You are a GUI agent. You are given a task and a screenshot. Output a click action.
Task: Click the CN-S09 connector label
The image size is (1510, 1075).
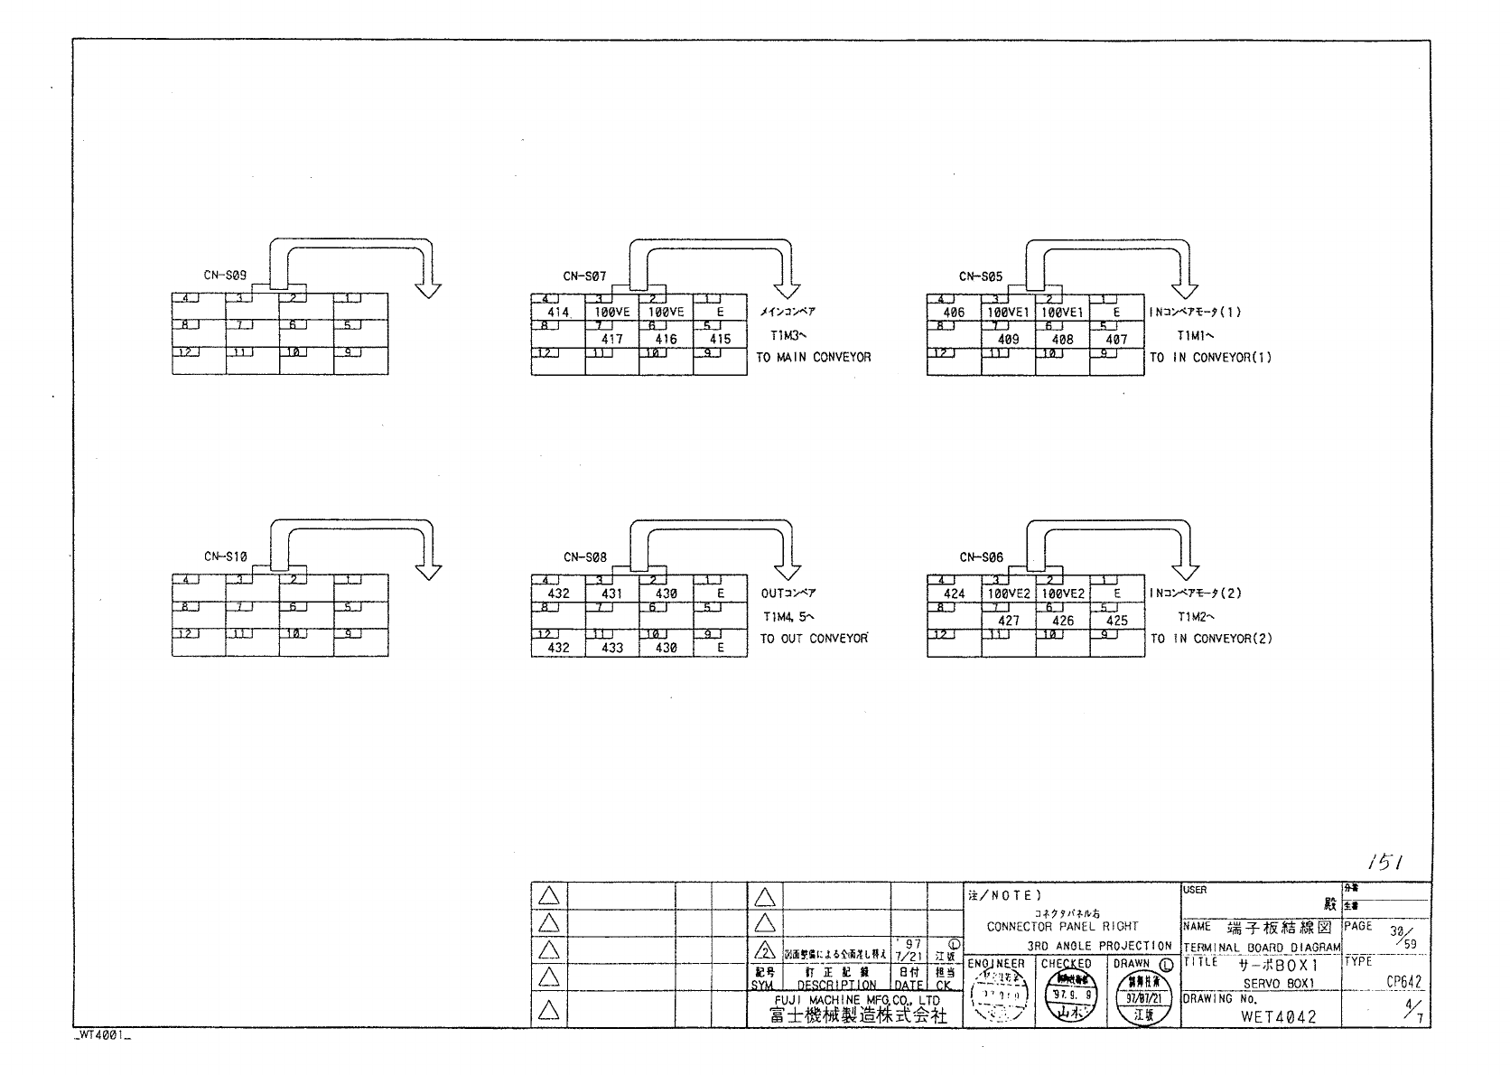tap(225, 276)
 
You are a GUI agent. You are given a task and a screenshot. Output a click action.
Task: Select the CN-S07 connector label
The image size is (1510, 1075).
tap(584, 276)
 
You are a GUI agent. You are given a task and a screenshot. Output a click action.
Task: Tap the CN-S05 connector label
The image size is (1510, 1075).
tap(981, 276)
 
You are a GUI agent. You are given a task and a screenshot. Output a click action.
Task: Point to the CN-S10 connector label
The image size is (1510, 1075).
tap(225, 556)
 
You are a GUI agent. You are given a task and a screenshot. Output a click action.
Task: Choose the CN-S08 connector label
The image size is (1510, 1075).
tap(584, 557)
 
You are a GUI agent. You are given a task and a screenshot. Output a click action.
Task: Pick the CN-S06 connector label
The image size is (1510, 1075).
tap(981, 557)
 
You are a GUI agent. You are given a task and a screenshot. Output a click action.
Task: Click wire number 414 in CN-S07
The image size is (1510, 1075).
tap(558, 312)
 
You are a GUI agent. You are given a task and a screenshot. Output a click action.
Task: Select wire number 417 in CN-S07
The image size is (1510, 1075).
tap(611, 340)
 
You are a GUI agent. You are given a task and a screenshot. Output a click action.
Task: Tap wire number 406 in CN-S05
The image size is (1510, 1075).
tap(954, 312)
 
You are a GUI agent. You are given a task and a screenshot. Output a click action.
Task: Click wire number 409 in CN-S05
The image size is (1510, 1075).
tap(1008, 340)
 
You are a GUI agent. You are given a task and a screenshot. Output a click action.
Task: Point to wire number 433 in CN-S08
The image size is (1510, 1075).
tap(611, 648)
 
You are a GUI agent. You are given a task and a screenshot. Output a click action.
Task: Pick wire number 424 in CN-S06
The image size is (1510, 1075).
tap(954, 594)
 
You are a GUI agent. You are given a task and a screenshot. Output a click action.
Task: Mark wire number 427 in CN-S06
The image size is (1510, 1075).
tap(1008, 621)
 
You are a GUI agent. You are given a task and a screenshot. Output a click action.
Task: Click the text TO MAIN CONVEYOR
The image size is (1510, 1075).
tap(813, 358)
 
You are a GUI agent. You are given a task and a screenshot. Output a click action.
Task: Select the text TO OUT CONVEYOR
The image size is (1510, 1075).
tap(813, 639)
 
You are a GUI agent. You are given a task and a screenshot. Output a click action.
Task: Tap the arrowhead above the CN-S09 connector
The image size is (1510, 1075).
tap(428, 289)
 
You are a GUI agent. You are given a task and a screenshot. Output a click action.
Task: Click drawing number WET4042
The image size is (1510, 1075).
tap(1278, 1016)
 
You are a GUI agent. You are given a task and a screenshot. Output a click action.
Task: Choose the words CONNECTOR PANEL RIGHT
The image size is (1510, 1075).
tap(1062, 926)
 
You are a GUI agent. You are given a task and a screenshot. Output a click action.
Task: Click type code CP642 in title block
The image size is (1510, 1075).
tap(1403, 982)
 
